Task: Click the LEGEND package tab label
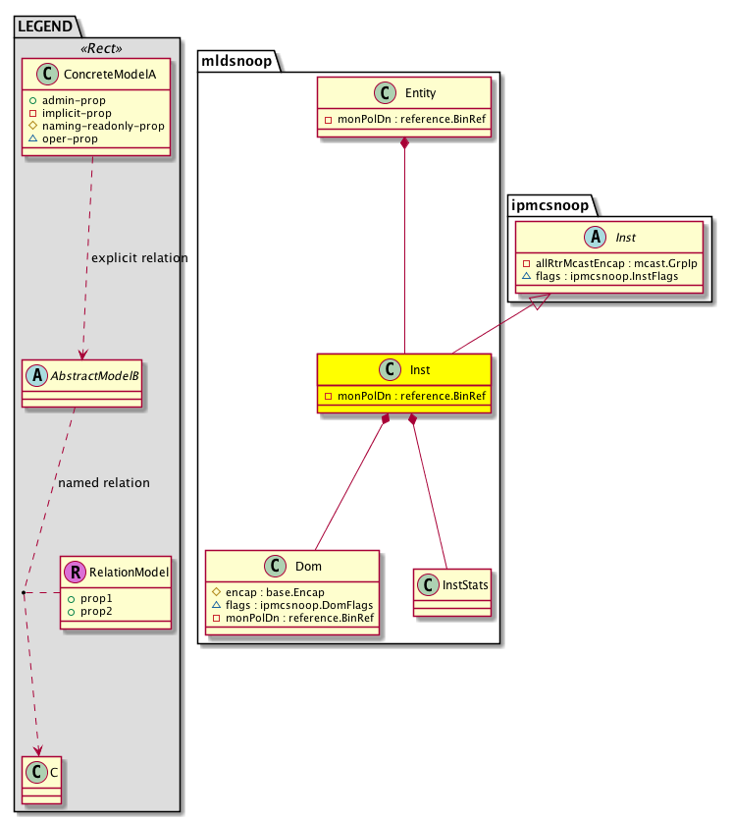(x=46, y=26)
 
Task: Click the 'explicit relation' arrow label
(x=138, y=258)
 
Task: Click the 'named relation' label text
(x=104, y=483)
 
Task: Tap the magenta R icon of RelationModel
(x=76, y=572)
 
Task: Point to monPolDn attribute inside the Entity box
(x=405, y=121)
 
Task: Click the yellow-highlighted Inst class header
(x=404, y=371)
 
